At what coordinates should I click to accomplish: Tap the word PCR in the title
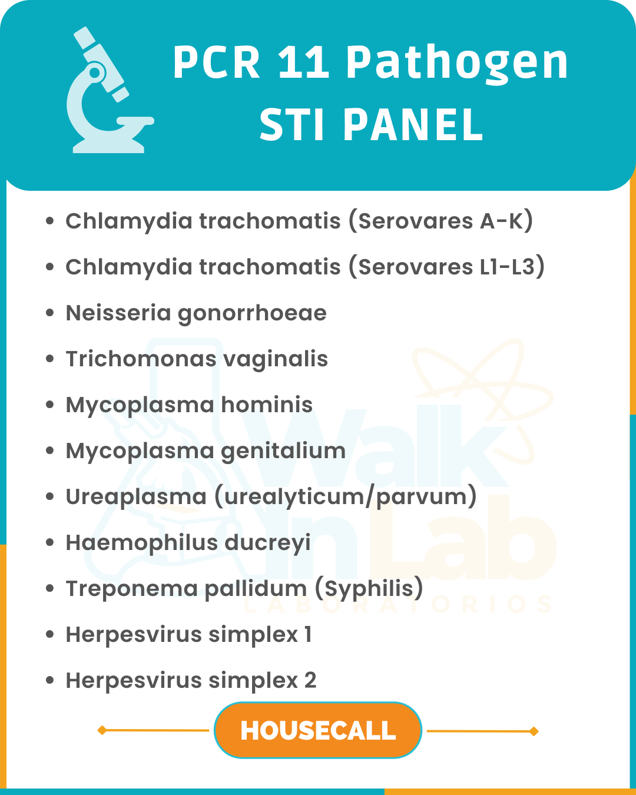[x=217, y=62]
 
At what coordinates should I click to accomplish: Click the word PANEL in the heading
[x=413, y=125]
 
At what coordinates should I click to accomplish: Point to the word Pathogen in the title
[x=457, y=65]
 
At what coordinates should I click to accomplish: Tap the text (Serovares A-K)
[x=440, y=221]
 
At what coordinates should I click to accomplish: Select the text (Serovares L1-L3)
[x=446, y=267]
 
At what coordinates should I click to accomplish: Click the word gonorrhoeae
[x=252, y=314]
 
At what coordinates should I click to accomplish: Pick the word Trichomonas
[x=141, y=359]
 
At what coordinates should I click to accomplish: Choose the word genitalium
[x=283, y=452]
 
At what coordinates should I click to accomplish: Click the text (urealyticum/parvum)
[x=346, y=497]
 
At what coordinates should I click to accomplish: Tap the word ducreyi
[x=267, y=544]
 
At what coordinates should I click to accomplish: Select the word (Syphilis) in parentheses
[x=369, y=588]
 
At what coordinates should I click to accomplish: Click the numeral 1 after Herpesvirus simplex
[x=307, y=635]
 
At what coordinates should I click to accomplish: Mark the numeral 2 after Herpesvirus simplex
[x=310, y=681]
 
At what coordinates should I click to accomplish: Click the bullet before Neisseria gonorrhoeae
[x=50, y=313]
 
